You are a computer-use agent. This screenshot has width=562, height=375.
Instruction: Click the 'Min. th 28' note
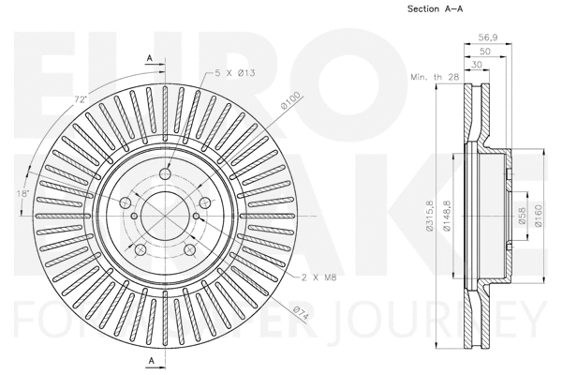(432, 79)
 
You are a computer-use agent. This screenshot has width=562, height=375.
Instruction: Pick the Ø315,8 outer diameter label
(429, 215)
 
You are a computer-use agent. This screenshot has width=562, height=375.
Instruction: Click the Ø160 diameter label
(540, 215)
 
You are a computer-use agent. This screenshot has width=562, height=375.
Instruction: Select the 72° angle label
(81, 99)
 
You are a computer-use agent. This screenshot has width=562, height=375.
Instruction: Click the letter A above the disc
(149, 58)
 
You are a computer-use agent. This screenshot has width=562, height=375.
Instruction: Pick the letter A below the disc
(149, 360)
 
